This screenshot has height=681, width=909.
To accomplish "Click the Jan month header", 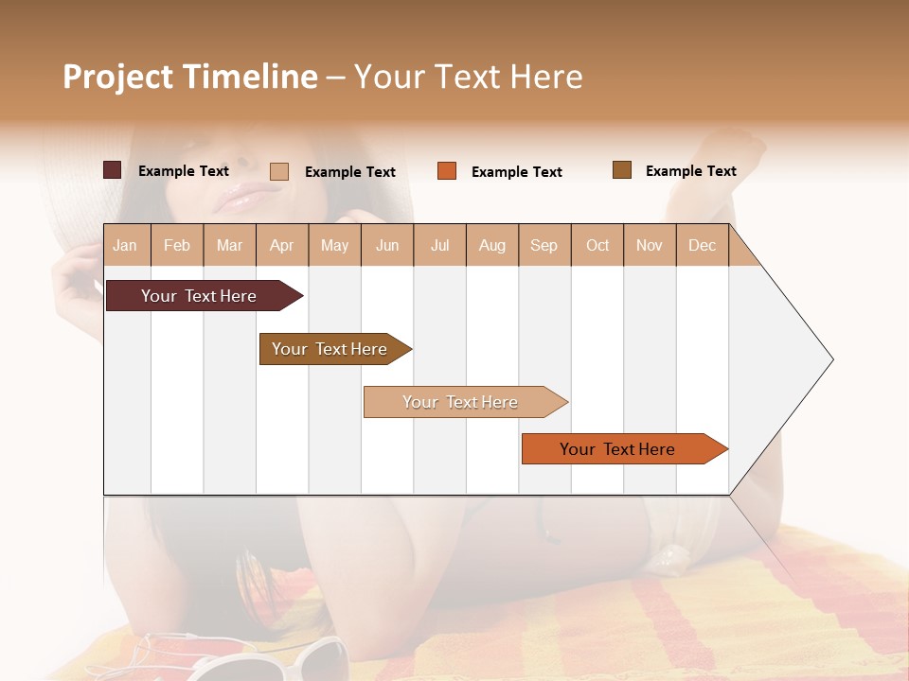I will click(x=125, y=246).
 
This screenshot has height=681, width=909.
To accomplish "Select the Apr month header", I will click(x=281, y=246).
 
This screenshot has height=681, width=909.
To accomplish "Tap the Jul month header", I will click(x=439, y=246).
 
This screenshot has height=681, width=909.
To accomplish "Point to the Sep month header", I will click(x=544, y=246).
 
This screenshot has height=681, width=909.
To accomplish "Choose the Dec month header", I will click(x=702, y=246).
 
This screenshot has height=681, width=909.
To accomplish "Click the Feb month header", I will click(x=177, y=246).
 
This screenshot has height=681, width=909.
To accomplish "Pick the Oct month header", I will click(x=597, y=246).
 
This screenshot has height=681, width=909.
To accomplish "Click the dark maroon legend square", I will click(x=113, y=170).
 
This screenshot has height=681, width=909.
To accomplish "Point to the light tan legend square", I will click(x=279, y=171).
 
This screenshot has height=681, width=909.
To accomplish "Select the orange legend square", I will click(x=447, y=170).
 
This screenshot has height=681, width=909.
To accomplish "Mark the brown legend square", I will click(x=622, y=170).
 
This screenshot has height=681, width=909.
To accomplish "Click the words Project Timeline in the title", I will click(x=190, y=77).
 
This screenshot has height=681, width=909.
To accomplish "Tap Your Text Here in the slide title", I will click(x=468, y=77).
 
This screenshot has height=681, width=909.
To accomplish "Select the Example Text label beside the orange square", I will click(x=516, y=172).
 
